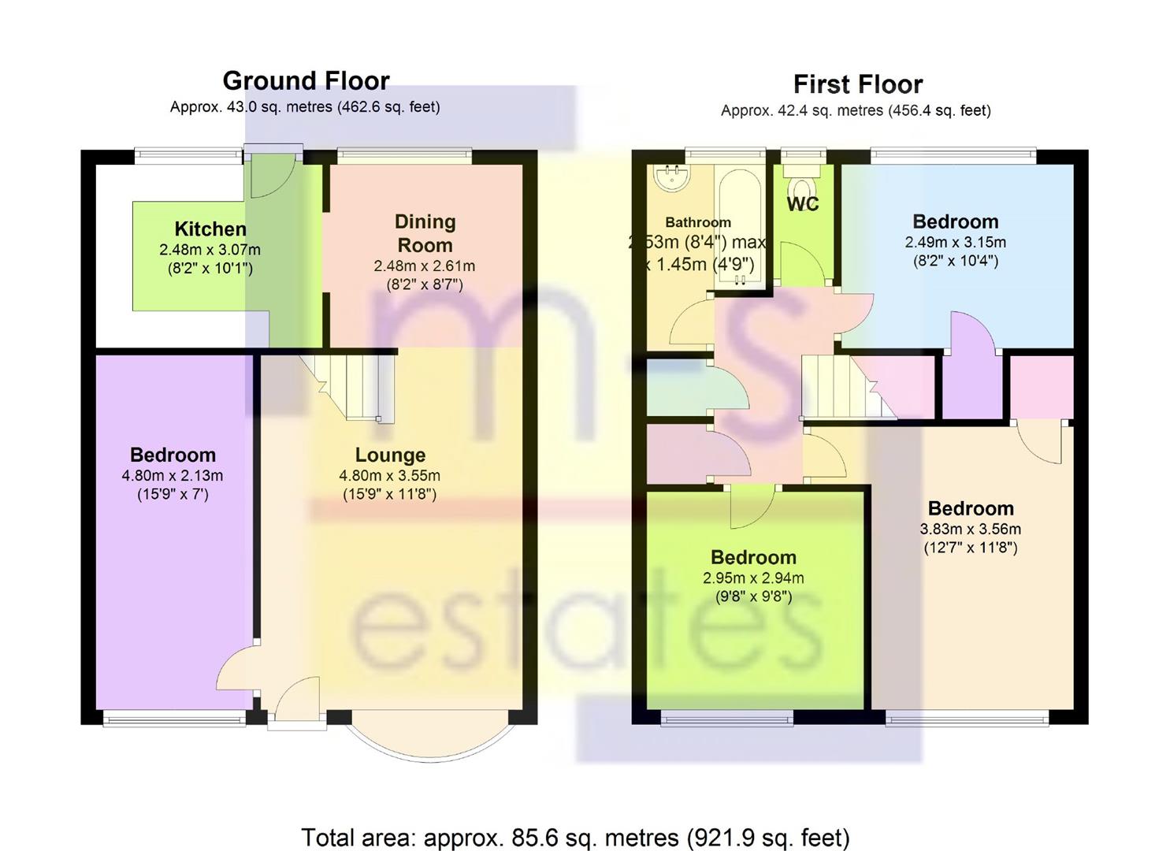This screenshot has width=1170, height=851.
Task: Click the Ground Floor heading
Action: [306, 81]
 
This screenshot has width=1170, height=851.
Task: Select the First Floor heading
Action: [858, 84]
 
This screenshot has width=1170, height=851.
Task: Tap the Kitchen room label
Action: [210, 229]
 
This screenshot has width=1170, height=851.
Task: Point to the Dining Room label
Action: [425, 233]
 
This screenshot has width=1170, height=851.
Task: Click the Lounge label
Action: [390, 455]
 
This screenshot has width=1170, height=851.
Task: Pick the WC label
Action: [803, 204]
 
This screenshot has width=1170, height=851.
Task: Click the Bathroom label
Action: [698, 222]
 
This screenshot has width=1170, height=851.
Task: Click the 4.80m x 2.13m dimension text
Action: [173, 476]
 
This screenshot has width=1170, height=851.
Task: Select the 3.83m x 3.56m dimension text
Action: [971, 530]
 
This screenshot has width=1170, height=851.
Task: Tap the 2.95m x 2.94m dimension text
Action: [753, 578]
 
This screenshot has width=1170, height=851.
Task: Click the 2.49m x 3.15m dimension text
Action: [956, 243]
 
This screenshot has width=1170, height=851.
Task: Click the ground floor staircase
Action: [347, 387]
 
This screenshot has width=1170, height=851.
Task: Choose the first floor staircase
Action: [849, 387]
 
